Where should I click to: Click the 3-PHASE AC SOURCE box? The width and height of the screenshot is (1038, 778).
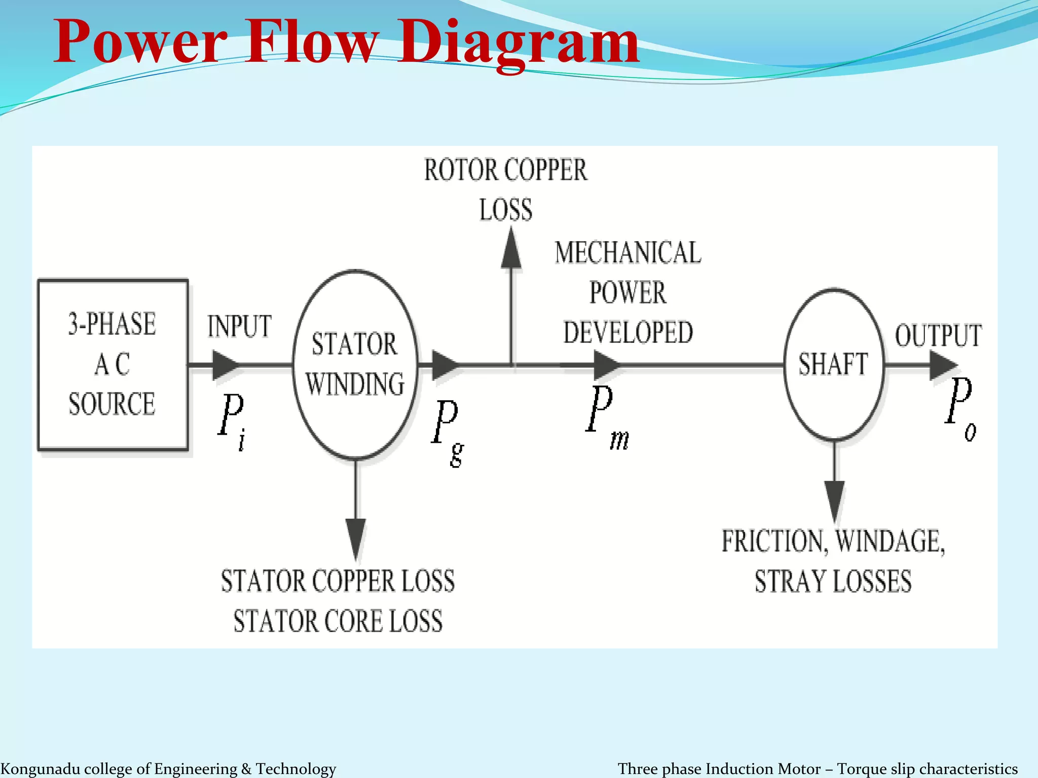113,365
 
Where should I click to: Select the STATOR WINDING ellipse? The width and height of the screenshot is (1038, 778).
355,364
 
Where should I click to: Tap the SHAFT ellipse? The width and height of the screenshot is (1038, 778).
833,364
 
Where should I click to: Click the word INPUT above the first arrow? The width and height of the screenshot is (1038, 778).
239,327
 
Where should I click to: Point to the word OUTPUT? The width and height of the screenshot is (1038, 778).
938,336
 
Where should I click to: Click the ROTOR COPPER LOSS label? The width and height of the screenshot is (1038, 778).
506,189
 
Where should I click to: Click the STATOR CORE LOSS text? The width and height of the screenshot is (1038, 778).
338,621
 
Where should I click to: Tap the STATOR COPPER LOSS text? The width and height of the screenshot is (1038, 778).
338,581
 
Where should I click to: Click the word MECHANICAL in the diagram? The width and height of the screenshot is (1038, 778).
627,253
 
